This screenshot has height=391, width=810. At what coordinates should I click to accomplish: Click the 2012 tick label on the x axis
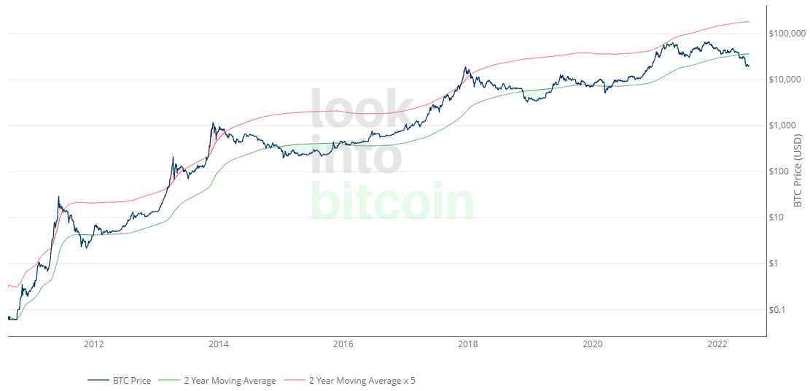[93, 344]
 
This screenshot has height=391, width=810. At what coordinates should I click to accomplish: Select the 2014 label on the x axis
[219, 344]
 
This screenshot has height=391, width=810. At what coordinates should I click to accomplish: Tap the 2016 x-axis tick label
[343, 344]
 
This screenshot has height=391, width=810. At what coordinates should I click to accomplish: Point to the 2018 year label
[468, 344]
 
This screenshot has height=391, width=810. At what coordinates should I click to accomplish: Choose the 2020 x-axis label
[593, 344]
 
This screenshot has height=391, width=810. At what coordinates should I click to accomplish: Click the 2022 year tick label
[718, 344]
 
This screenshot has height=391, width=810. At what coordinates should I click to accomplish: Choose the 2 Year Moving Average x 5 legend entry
[362, 380]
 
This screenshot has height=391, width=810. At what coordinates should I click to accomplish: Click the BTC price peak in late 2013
[212, 123]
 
